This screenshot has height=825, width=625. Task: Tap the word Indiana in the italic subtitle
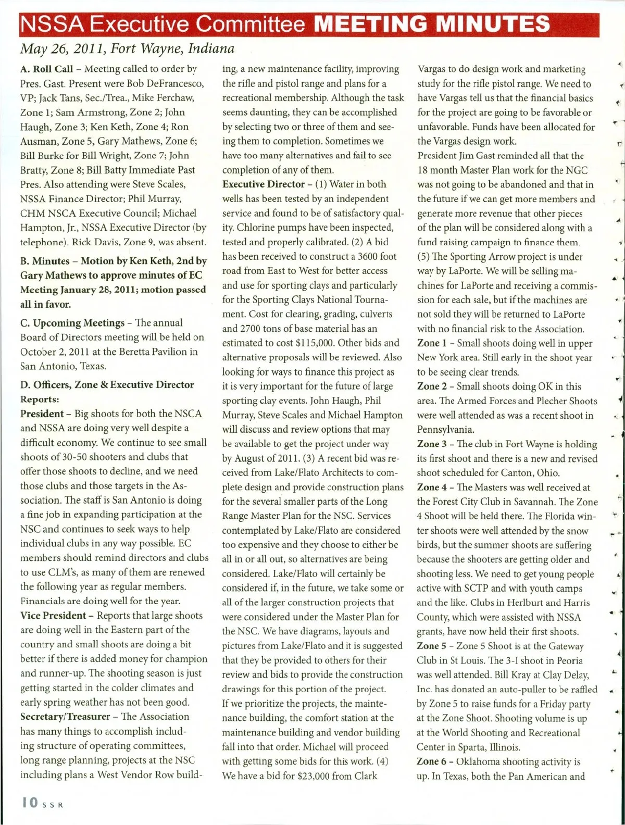point(211,49)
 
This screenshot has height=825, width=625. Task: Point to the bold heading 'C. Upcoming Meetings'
point(72,323)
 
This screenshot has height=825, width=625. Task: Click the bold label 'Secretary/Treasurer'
point(65,717)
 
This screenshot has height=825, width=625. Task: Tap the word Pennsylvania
point(445,430)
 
